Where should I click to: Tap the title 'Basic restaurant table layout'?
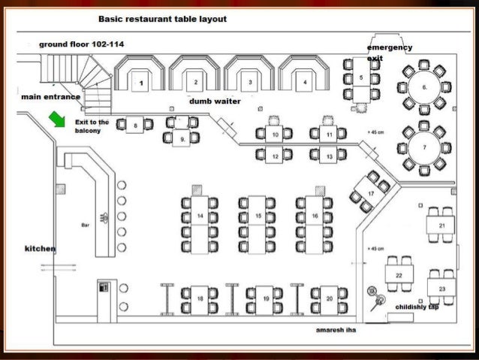click(163, 18)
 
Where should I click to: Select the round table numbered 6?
click(425, 87)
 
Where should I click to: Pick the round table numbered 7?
click(425, 147)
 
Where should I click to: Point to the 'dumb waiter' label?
click(214, 100)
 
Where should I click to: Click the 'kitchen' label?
click(41, 248)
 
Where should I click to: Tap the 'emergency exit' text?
click(389, 52)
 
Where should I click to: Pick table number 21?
click(441, 225)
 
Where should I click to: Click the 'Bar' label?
click(85, 225)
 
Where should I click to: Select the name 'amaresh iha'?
click(336, 329)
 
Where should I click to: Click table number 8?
click(136, 126)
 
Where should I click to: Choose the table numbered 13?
click(331, 154)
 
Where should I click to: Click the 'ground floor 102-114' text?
click(82, 44)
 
